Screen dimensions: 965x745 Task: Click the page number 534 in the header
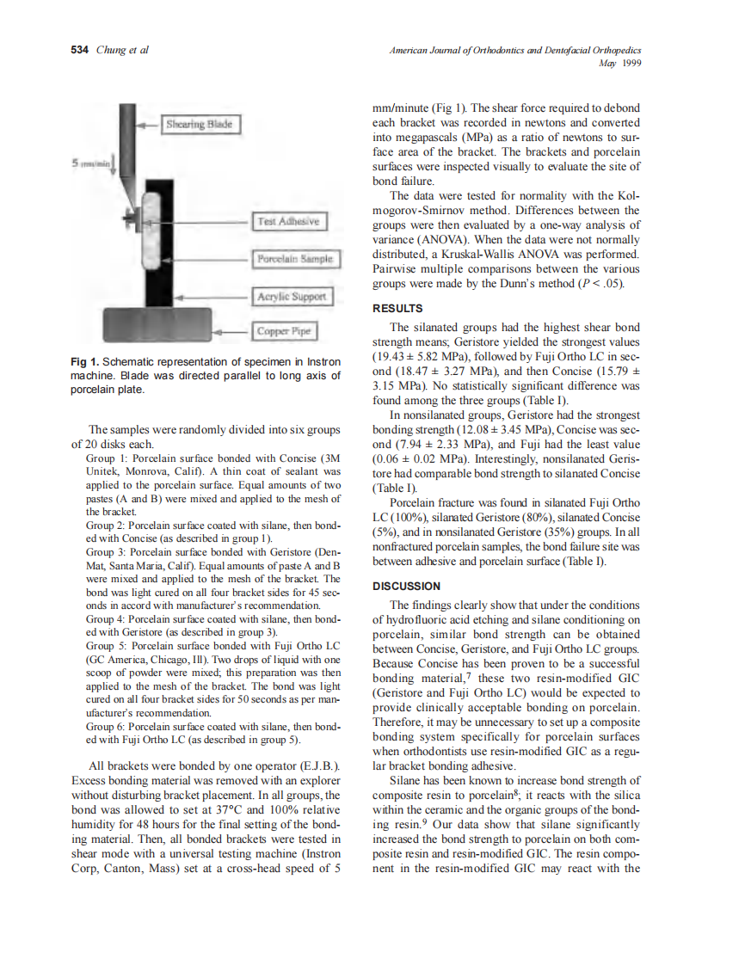(x=79, y=50)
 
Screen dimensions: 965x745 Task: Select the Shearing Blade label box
(x=200, y=126)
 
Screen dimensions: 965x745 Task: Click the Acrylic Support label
(x=292, y=297)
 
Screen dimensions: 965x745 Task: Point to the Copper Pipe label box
(x=284, y=330)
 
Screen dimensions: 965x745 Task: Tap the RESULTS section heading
(x=397, y=308)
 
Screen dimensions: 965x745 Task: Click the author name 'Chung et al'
(x=122, y=50)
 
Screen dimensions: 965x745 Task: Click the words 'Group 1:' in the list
(x=106, y=458)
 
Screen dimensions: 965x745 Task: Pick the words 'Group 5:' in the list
(x=106, y=645)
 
